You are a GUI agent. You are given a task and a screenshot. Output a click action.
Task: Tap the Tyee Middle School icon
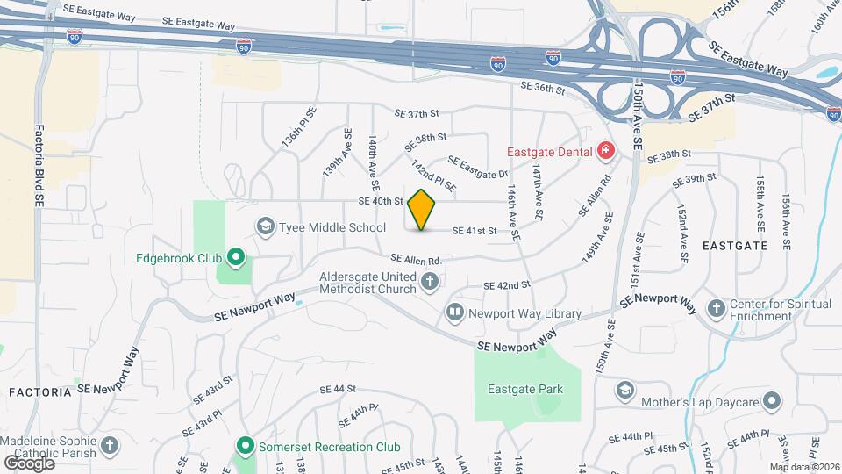(x=263, y=227)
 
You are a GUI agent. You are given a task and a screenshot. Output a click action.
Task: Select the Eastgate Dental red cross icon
(x=604, y=152)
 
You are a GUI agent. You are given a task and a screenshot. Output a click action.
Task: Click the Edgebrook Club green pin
(x=235, y=258)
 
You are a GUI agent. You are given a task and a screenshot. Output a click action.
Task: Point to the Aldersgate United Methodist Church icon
(x=429, y=281)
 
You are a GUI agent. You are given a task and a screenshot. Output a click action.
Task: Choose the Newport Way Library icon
(x=454, y=312)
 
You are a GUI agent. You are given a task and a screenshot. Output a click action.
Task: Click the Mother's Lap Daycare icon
(x=772, y=402)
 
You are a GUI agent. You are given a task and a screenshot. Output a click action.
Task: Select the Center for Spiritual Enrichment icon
(x=717, y=308)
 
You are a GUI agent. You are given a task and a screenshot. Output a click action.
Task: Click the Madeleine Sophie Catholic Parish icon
(x=109, y=446)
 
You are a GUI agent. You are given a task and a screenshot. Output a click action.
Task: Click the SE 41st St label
(x=475, y=231)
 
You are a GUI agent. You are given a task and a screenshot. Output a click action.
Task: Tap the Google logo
(x=30, y=462)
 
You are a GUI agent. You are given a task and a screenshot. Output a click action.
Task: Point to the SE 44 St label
(x=337, y=389)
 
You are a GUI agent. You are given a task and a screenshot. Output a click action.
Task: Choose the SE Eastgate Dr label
(x=478, y=166)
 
